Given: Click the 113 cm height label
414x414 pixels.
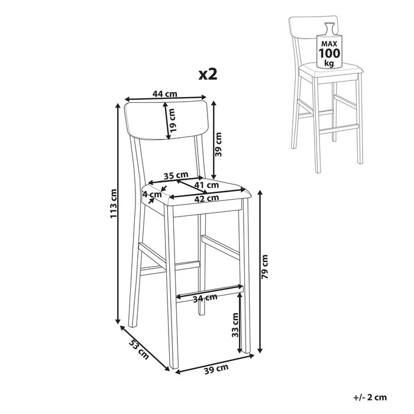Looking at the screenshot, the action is (x=114, y=203).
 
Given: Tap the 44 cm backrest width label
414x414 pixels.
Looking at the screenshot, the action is (x=165, y=93).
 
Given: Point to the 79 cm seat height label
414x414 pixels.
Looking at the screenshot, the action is (x=264, y=267).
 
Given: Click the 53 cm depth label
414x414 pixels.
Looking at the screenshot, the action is (x=139, y=350).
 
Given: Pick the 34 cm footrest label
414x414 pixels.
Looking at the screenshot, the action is (x=205, y=298).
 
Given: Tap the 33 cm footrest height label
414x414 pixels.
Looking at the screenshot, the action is (x=235, y=325).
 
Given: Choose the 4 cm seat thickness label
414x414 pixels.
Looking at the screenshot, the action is (x=152, y=195).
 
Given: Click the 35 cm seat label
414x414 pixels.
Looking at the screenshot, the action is (x=176, y=175).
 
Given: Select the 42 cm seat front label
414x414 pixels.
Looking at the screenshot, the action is (x=207, y=198).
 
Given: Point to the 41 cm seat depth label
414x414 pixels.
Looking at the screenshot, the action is (x=207, y=185).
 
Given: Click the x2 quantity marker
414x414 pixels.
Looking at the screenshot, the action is (x=208, y=74).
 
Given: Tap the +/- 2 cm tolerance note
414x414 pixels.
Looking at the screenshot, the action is (x=370, y=397).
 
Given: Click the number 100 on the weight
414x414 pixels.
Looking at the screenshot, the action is (x=329, y=53).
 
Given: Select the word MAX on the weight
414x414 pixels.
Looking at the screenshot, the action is (x=329, y=44).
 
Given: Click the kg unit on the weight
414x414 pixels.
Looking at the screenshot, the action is (x=329, y=63).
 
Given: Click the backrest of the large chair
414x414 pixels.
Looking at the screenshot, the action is (x=166, y=119).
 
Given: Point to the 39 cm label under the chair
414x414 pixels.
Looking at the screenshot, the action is (x=216, y=369).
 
